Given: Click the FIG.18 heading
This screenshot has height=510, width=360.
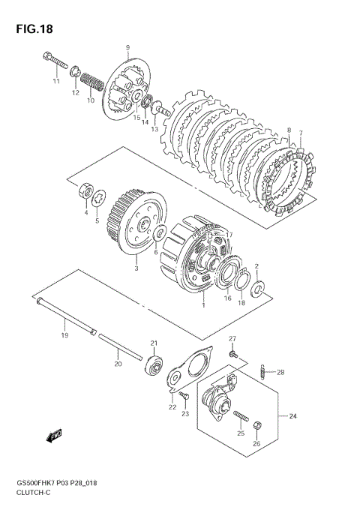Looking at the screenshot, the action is [x=34, y=29].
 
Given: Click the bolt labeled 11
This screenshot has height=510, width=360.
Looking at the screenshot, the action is [x=55, y=61].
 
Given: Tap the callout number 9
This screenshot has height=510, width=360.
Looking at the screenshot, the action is [x=127, y=48].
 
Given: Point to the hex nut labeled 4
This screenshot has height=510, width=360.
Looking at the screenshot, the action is [x=86, y=191].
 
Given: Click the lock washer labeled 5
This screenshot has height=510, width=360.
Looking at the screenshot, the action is [x=98, y=198].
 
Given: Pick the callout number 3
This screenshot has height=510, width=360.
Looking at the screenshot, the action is [x=136, y=268].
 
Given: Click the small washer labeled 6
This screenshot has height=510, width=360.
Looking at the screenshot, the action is [x=160, y=232].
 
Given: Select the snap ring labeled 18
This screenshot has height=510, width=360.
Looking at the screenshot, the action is [x=242, y=280].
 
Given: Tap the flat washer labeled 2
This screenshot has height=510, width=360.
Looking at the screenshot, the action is [x=257, y=289].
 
